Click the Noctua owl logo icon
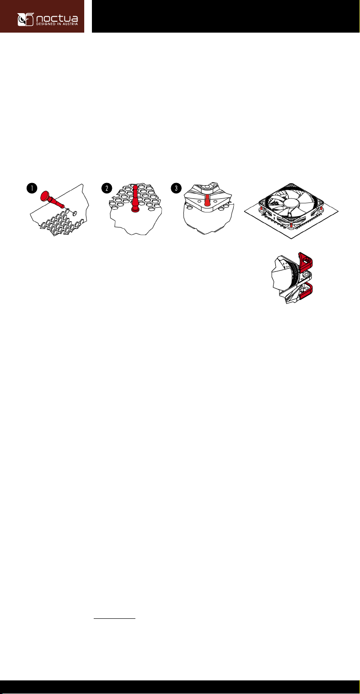click(x=25, y=19)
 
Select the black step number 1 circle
click(x=32, y=188)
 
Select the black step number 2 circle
click(x=107, y=188)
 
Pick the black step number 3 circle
click(x=176, y=188)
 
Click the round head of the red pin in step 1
click(x=46, y=196)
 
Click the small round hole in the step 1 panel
click(x=75, y=213)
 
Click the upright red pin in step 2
click(x=135, y=199)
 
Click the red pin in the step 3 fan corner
click(x=207, y=200)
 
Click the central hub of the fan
click(x=291, y=203)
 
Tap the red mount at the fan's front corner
click(x=291, y=223)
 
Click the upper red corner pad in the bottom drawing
click(x=306, y=260)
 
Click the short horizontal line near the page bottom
click(x=115, y=618)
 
